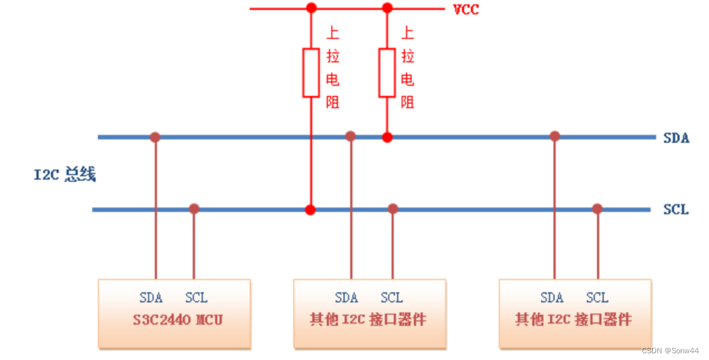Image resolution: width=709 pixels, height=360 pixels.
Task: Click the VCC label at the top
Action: tap(466, 9)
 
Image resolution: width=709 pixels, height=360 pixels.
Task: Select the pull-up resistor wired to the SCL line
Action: tap(311, 72)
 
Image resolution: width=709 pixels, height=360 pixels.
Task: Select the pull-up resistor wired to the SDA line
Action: tap(386, 72)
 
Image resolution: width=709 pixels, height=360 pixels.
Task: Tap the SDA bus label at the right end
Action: tap(676, 138)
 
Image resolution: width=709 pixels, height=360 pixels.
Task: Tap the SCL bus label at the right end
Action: tap(675, 209)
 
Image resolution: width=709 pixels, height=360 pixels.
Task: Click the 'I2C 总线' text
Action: tap(65, 175)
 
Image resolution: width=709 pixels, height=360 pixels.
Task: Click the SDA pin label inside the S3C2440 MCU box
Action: tap(151, 298)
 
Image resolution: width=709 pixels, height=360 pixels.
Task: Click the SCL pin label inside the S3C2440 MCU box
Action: tap(196, 298)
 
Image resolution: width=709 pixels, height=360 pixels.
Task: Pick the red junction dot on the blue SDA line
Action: tap(387, 137)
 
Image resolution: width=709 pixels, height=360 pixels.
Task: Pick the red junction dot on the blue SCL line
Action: tap(310, 210)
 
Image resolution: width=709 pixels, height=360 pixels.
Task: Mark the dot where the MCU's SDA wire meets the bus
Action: tap(155, 137)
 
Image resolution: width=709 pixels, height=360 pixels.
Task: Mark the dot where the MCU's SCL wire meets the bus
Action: tap(194, 209)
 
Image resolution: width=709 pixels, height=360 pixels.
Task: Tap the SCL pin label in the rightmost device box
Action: tap(597, 298)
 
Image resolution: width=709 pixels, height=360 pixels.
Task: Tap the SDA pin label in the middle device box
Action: tap(346, 298)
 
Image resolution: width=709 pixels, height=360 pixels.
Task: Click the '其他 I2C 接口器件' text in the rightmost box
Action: tap(574, 319)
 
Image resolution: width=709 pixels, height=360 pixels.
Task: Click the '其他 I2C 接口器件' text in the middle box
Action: tap(368, 319)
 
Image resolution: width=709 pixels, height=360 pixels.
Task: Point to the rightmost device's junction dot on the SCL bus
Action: tap(597, 209)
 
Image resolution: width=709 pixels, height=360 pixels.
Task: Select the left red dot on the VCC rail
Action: tap(311, 8)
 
